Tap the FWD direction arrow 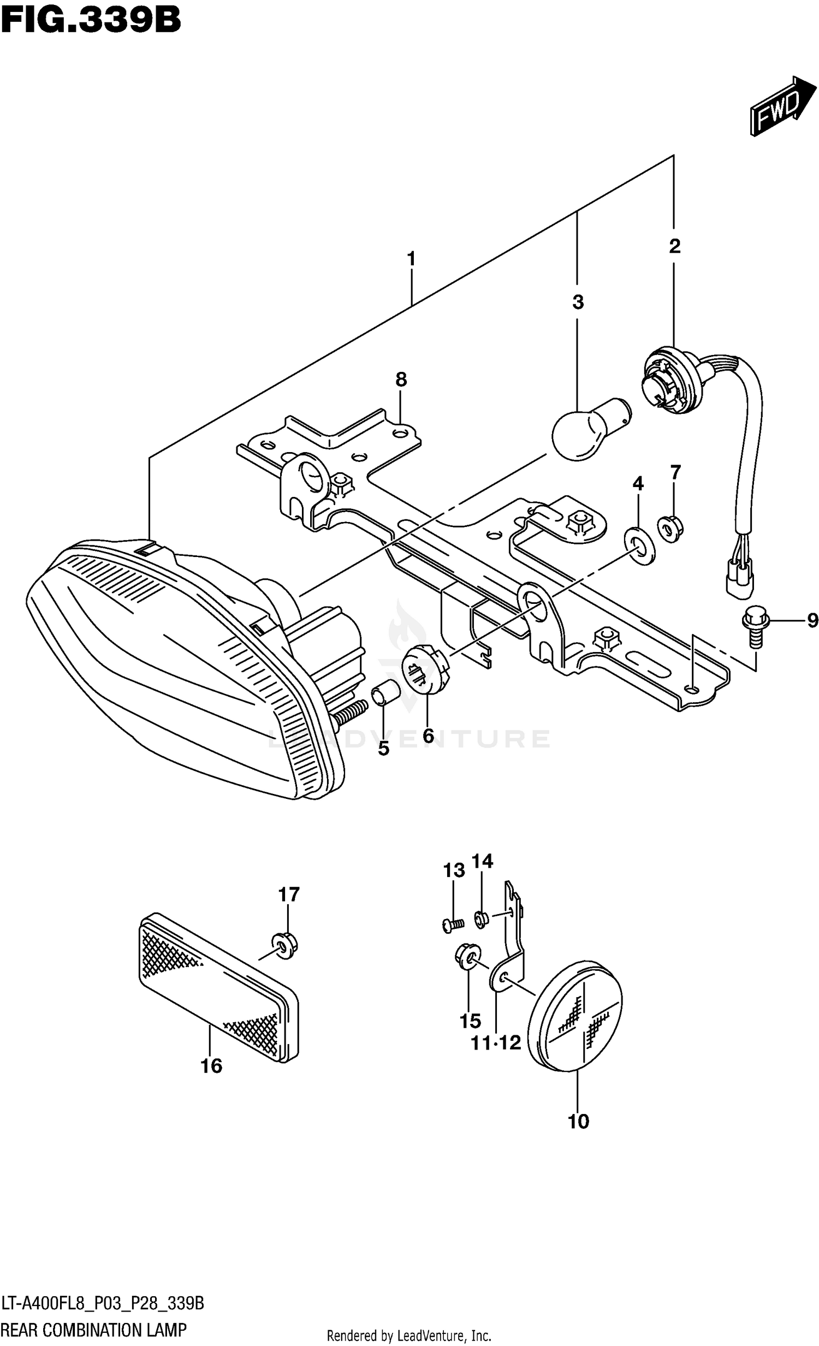click(x=782, y=105)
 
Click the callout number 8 click(x=401, y=379)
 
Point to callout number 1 click(x=411, y=258)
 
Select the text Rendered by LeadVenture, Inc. click(x=408, y=1336)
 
